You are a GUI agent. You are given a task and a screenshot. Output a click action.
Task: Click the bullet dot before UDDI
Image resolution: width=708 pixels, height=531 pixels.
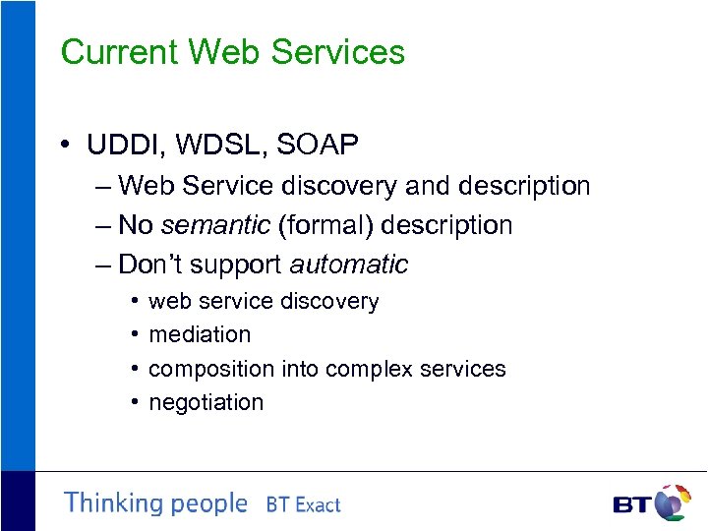(x=64, y=147)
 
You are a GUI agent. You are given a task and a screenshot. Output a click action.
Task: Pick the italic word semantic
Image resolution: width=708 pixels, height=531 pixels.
(x=214, y=225)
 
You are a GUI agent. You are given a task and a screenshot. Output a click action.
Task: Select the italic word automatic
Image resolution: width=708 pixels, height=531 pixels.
(x=348, y=265)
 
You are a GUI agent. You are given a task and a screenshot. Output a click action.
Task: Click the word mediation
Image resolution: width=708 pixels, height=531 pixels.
(x=200, y=334)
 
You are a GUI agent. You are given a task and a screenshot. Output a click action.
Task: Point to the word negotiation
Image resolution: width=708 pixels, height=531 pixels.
(x=206, y=402)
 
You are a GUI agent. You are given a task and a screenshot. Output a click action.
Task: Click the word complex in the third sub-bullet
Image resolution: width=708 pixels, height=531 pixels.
(x=366, y=369)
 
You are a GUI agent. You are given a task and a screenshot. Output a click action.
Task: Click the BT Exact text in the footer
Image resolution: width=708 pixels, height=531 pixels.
(x=303, y=505)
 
